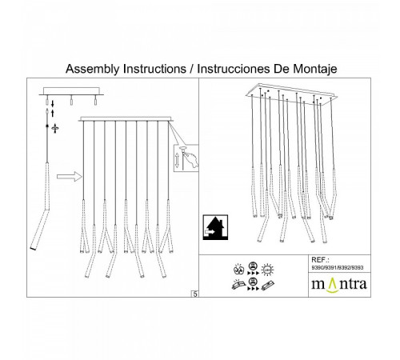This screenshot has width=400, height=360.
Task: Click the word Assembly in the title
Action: (93, 69)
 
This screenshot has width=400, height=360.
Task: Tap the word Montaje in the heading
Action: (315, 69)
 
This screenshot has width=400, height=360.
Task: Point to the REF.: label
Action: (320, 260)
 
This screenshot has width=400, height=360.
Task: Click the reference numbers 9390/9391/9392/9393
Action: (338, 267)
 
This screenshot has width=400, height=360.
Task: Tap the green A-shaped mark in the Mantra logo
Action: (333, 285)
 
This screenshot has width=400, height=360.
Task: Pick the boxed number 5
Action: (195, 294)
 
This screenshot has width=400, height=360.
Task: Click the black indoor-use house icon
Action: (215, 227)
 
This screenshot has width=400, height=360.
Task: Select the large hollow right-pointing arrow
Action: (70, 176)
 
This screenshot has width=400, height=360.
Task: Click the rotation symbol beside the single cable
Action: (55, 129)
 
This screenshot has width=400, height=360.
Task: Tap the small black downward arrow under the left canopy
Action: (53, 103)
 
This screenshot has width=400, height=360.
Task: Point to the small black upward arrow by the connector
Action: (53, 113)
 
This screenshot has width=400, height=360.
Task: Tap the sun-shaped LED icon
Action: (267, 270)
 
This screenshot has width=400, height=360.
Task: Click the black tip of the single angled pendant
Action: (33, 249)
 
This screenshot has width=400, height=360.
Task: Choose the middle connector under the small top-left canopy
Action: (71, 100)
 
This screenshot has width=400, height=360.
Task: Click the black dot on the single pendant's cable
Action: (47, 126)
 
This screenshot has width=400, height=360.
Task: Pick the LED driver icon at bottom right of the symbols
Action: (268, 286)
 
